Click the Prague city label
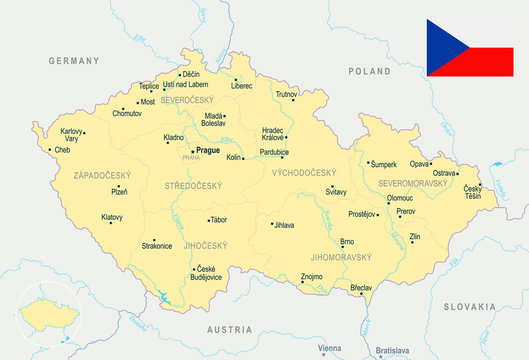point(208,150)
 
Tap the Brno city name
point(347,242)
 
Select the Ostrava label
point(444,173)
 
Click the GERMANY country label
point(76,61)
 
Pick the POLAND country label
point(370,72)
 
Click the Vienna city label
point(329,347)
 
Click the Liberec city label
point(241,86)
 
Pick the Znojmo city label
point(311,276)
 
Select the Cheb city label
point(62,150)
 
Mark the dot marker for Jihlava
point(272,225)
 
